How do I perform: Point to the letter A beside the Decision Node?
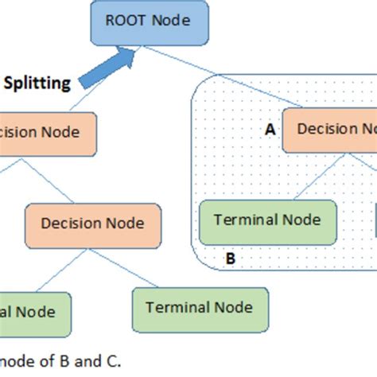pos(270,130)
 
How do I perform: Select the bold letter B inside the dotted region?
pos(230,258)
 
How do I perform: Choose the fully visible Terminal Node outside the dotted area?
pos(200,308)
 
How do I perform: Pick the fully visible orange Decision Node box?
pos(92,223)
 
